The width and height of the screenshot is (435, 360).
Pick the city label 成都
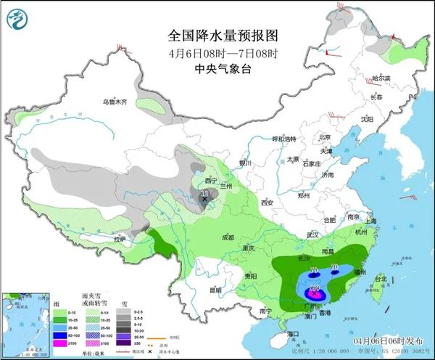tap(228, 237)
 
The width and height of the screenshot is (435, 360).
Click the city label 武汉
tap(313, 234)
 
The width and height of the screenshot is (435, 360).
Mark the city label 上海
tap(370, 221)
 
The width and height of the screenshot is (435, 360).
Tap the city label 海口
tap(293, 333)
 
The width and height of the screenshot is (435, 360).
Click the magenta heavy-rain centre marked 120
tap(315, 291)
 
